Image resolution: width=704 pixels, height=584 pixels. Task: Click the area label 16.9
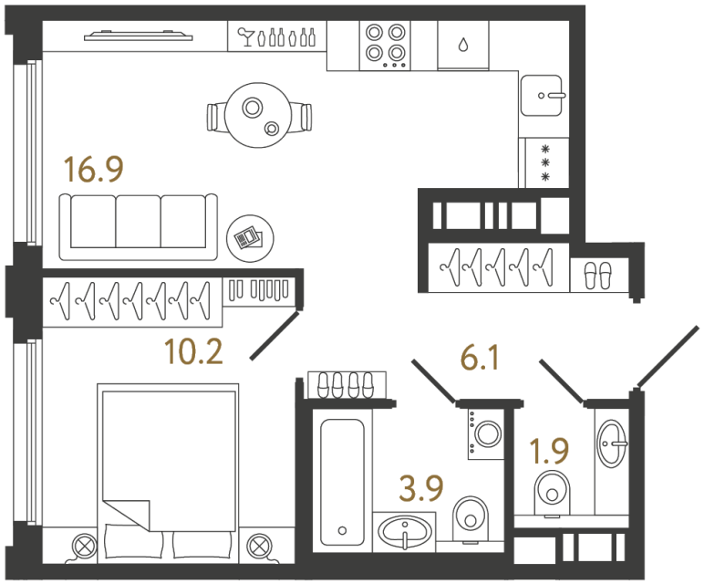[92, 170]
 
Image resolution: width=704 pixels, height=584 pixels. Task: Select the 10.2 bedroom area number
[193, 349]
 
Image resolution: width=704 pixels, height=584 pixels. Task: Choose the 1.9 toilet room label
[551, 450]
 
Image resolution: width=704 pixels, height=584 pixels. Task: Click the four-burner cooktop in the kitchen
[385, 44]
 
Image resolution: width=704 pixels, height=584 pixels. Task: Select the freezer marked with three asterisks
[544, 162]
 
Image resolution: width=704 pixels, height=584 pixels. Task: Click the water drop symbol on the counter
[464, 44]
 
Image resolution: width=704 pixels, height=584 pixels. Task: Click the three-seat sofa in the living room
[139, 225]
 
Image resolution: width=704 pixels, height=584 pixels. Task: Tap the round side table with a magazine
[247, 239]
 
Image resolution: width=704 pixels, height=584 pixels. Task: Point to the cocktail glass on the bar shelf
[245, 37]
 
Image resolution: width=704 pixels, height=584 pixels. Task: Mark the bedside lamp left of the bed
[85, 547]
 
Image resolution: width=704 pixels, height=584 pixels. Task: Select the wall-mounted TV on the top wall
[140, 36]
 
